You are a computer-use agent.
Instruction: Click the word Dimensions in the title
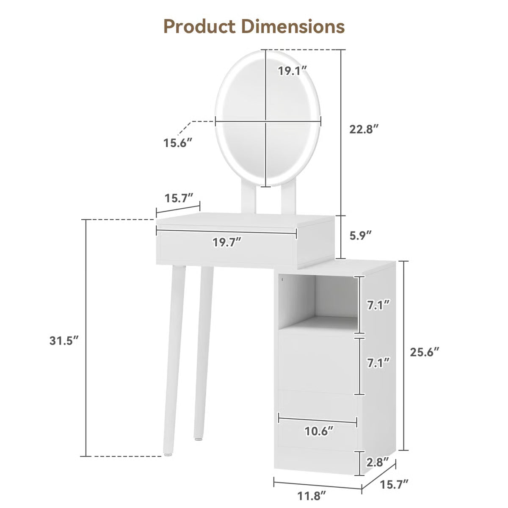293,26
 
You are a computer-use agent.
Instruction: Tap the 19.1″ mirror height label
292,71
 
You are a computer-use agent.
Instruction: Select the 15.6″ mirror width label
178,143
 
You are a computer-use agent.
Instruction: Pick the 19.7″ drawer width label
227,243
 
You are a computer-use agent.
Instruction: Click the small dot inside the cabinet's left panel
282,279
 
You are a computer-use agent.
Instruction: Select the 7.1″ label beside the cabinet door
378,362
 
